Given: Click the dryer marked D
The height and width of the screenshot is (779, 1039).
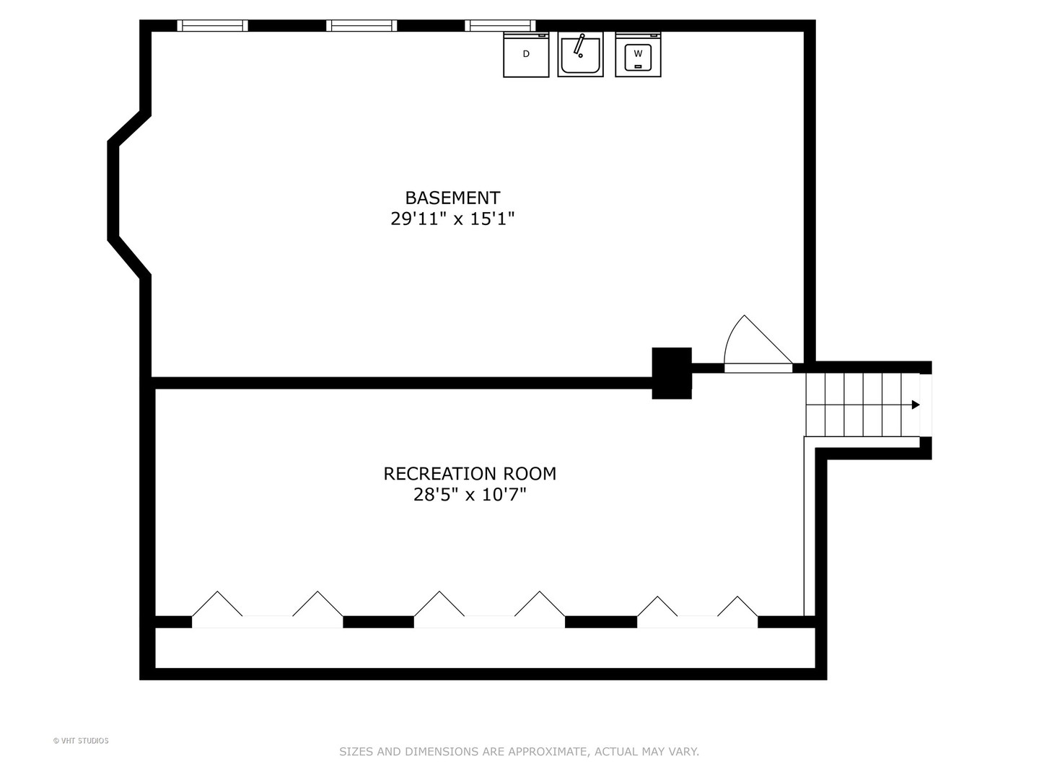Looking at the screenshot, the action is coord(526,54).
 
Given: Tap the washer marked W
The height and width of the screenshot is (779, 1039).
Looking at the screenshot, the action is coord(638,54).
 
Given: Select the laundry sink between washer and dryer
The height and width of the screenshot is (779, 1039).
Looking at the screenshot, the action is coord(580,54).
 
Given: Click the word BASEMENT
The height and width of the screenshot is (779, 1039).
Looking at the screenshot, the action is coord(452,198).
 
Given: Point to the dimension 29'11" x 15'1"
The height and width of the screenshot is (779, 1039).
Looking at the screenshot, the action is coord(452,219).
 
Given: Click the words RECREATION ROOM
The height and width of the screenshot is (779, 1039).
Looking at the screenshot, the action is coord(470,473).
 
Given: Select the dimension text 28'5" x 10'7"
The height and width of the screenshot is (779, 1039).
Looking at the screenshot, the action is coord(470,495).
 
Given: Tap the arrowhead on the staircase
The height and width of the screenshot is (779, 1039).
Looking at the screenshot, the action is coord(916,405).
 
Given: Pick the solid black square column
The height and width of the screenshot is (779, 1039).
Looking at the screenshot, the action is coord(672,373).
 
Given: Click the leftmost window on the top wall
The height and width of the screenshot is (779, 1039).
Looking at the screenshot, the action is coord(213,25).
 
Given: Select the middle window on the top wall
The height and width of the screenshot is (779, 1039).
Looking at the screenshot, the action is coord(361,25).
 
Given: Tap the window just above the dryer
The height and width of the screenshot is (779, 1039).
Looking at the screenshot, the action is coord(500,25).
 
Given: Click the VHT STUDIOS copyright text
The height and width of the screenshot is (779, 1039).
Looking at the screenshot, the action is coord(81,741).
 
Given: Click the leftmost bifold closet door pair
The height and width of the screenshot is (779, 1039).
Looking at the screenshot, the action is coord(268,609).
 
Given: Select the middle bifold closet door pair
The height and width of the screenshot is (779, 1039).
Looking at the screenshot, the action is coord(489,609).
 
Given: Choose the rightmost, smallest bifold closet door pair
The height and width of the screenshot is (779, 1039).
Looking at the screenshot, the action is coord(697,612).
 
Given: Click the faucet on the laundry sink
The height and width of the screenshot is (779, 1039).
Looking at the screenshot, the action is coord(579,45).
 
